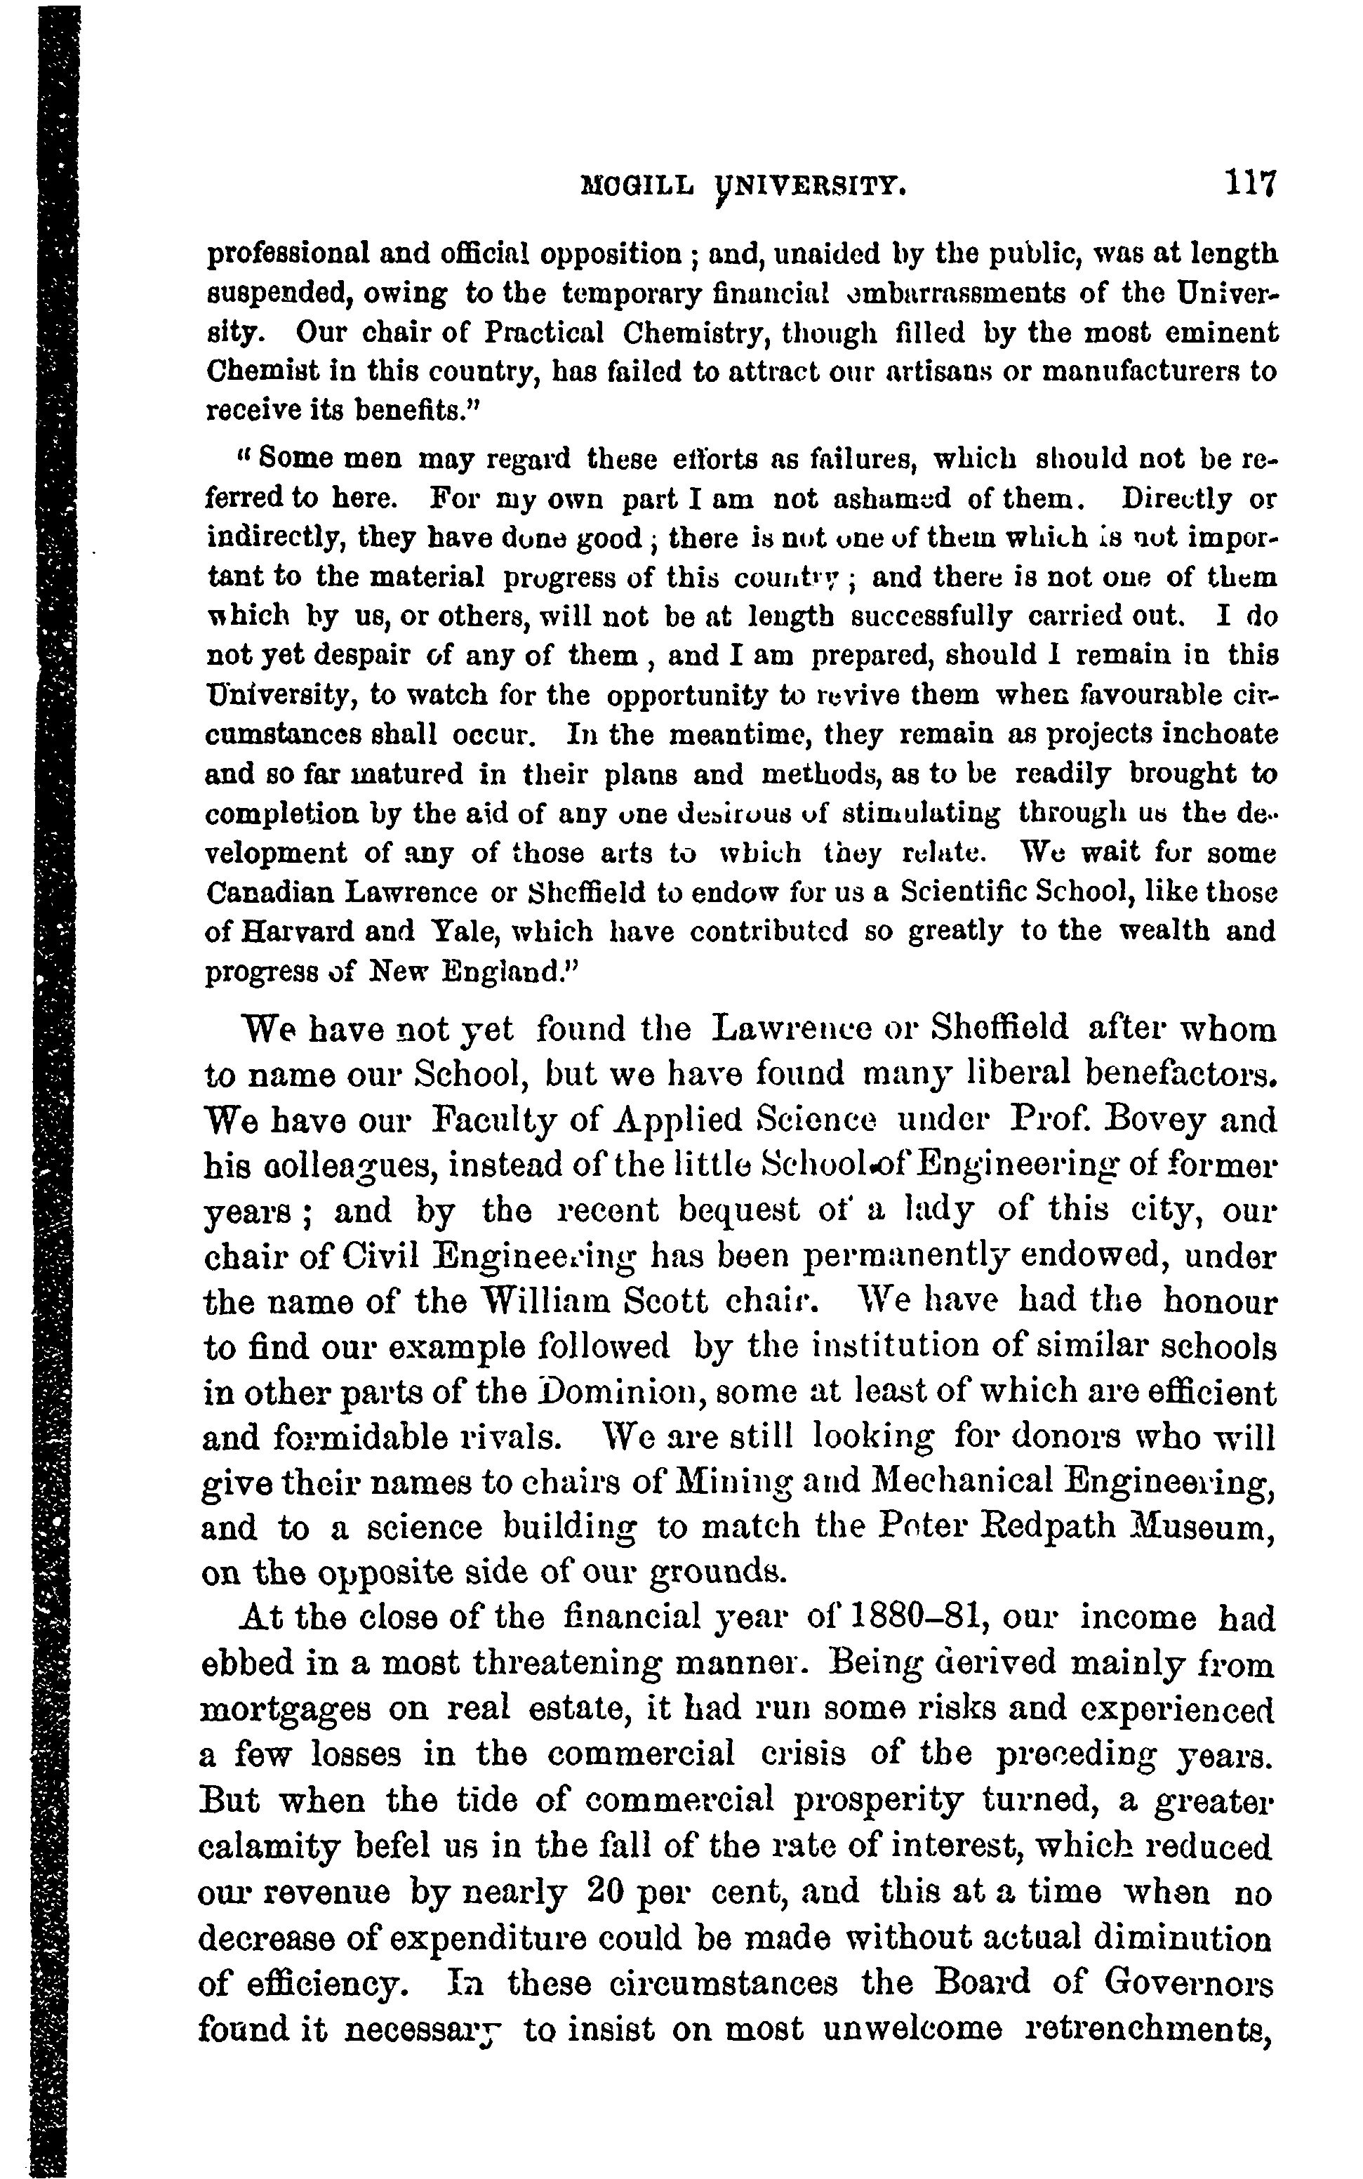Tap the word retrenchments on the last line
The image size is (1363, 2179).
[x=1148, y=2029]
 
